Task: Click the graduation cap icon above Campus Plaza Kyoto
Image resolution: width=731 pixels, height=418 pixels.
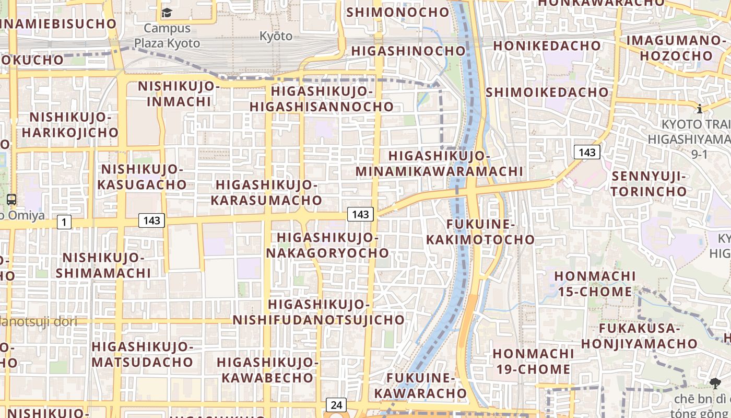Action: pyautogui.click(x=167, y=13)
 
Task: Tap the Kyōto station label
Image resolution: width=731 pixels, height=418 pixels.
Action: pyautogui.click(x=276, y=36)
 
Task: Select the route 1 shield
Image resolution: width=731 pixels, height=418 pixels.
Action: pyautogui.click(x=64, y=223)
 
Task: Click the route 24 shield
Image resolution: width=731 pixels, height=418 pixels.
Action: pyautogui.click(x=336, y=405)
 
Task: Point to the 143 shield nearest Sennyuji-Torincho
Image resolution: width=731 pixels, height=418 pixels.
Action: pyautogui.click(x=587, y=152)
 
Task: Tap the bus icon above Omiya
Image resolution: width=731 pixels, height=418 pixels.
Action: pyautogui.click(x=11, y=199)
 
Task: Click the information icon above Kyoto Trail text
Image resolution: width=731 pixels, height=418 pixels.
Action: pyautogui.click(x=699, y=109)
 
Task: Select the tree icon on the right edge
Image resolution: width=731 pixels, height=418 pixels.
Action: pyautogui.click(x=715, y=384)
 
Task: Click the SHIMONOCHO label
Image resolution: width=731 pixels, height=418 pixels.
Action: pyautogui.click(x=398, y=11)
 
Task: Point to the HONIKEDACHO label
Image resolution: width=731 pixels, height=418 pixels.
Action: pyautogui.click(x=547, y=46)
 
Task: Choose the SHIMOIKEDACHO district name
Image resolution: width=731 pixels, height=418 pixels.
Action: pyautogui.click(x=547, y=92)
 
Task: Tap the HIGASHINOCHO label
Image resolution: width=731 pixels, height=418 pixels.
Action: pyautogui.click(x=408, y=51)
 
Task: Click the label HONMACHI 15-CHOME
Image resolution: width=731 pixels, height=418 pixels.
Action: pyautogui.click(x=595, y=284)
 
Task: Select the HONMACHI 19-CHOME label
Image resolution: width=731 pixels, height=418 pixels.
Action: pyautogui.click(x=533, y=361)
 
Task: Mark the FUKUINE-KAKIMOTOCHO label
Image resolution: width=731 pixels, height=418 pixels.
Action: pyautogui.click(x=480, y=232)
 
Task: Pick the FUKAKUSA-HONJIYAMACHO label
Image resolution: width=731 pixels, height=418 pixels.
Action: pyautogui.click(x=639, y=336)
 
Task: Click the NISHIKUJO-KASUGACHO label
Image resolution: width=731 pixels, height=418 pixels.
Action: pyautogui.click(x=142, y=177)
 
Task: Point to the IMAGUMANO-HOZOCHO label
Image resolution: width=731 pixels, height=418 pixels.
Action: pyautogui.click(x=676, y=48)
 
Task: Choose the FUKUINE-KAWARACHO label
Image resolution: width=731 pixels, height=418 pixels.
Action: pyautogui.click(x=420, y=385)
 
